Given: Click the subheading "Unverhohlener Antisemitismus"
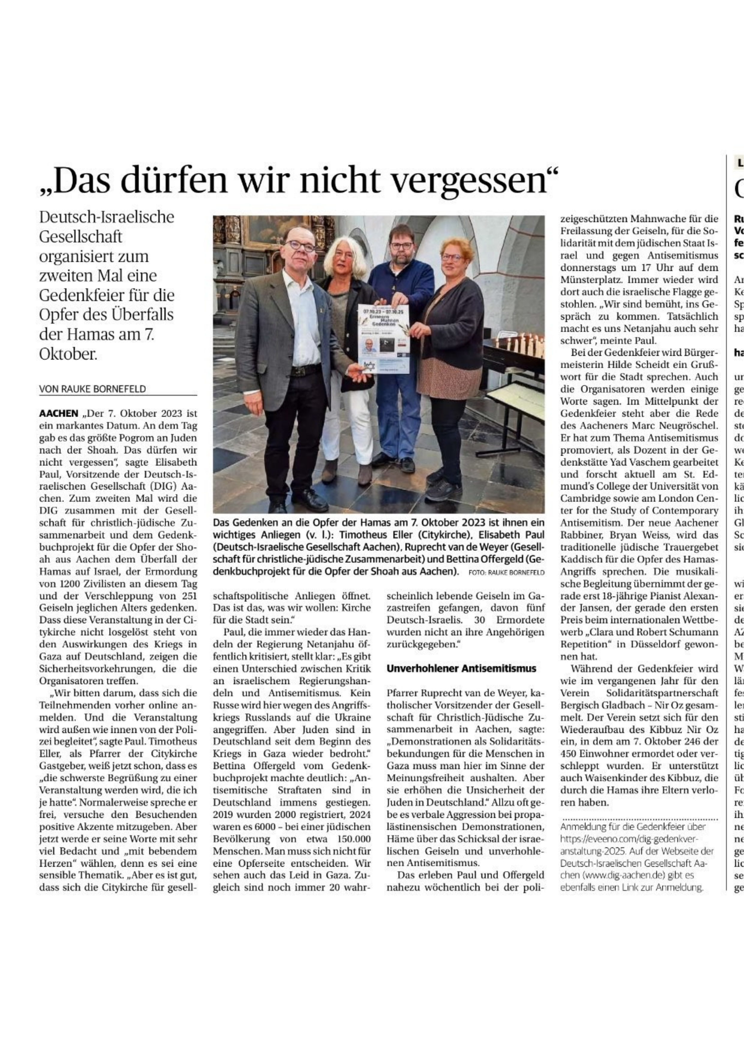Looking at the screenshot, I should tap(461, 668).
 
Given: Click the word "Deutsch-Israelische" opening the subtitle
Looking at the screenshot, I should tap(107, 217).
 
